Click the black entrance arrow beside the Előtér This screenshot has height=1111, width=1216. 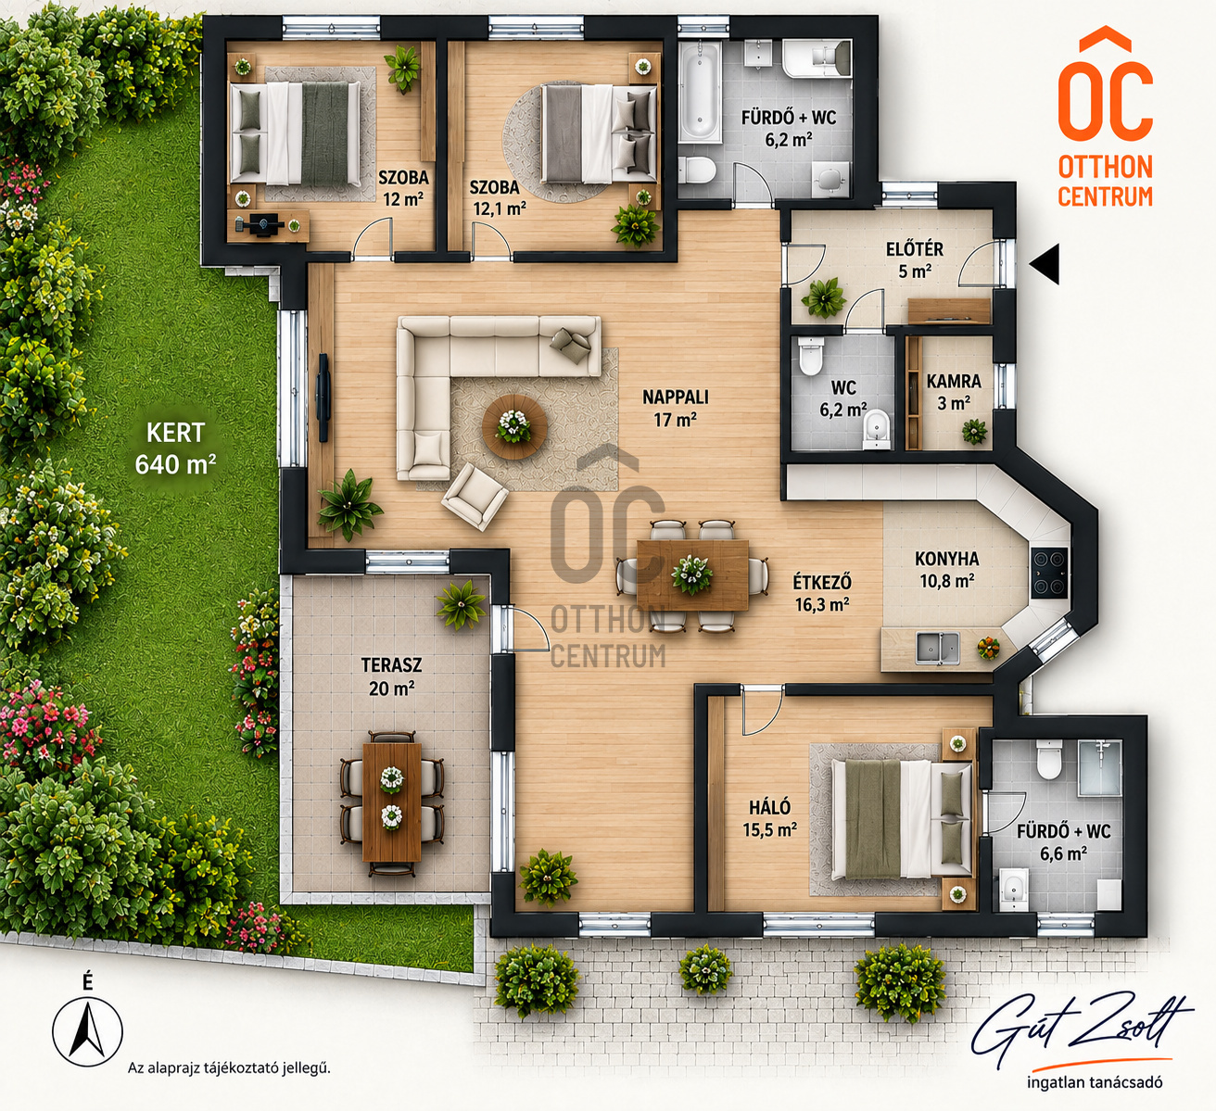pyautogui.click(x=1045, y=264)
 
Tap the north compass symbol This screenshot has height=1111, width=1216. pyautogui.click(x=87, y=1029)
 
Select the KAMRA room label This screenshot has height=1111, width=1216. pyautogui.click(x=954, y=381)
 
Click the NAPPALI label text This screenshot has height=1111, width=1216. pyautogui.click(x=676, y=397)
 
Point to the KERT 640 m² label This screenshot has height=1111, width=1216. pyautogui.click(x=175, y=448)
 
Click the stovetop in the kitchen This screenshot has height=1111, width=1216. pyautogui.click(x=1050, y=572)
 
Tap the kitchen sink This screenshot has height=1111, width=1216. pyautogui.click(x=937, y=648)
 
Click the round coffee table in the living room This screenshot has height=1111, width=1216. pyautogui.click(x=514, y=426)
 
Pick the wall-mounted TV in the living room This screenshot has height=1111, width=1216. pyautogui.click(x=323, y=398)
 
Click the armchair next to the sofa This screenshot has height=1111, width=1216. pyautogui.click(x=475, y=497)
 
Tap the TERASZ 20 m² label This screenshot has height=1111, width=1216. pyautogui.click(x=392, y=676)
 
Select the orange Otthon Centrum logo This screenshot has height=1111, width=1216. pyautogui.click(x=1105, y=117)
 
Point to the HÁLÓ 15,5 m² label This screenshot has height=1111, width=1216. pyautogui.click(x=770, y=818)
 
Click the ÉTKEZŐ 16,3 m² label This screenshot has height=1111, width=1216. pyautogui.click(x=822, y=593)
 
